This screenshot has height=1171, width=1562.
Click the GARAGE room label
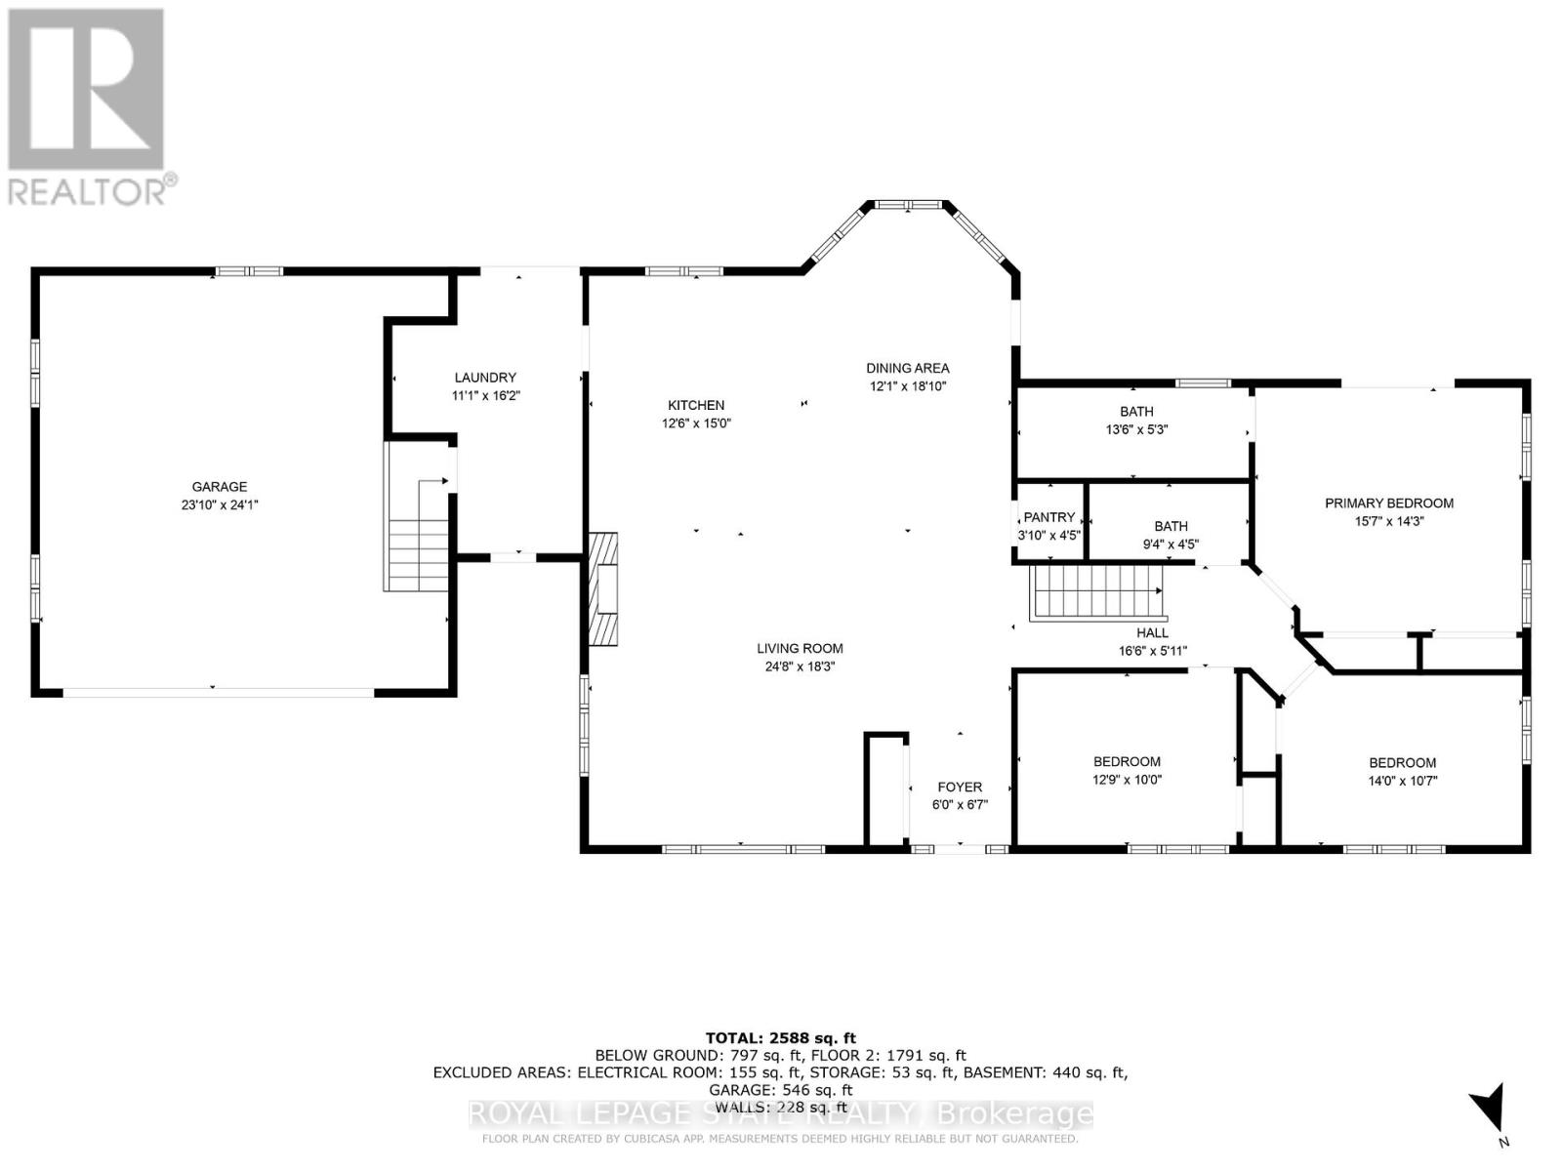(x=220, y=487)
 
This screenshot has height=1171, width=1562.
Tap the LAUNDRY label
(x=485, y=378)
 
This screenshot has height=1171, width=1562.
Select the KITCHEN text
(x=696, y=405)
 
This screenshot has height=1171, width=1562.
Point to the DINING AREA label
(x=907, y=368)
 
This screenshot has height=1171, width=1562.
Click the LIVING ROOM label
(x=800, y=648)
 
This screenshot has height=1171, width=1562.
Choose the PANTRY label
(x=1048, y=517)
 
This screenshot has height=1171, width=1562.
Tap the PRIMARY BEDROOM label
(x=1389, y=504)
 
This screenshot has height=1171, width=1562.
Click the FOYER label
(x=960, y=787)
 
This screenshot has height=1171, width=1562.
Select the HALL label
(x=1152, y=632)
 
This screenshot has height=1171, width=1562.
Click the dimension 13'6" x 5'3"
(x=1136, y=429)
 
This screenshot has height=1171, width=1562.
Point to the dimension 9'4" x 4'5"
(x=1171, y=545)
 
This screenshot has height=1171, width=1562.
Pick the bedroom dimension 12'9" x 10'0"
(x=1128, y=780)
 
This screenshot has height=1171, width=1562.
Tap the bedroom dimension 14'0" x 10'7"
(x=1403, y=781)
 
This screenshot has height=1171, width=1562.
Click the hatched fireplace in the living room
(x=602, y=589)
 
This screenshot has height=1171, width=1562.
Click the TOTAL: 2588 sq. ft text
(x=780, y=1038)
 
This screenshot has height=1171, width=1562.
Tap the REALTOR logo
(x=89, y=107)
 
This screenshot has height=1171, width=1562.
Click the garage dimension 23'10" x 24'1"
(x=220, y=505)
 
